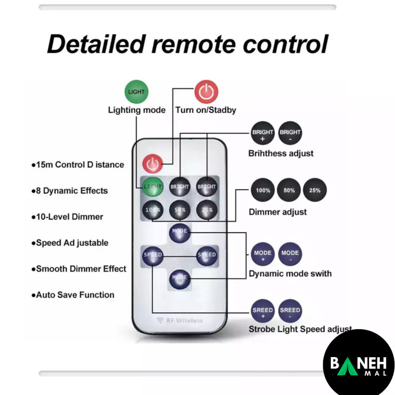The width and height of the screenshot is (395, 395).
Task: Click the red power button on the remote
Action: click(153, 164)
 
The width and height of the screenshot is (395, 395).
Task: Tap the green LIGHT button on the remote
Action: click(152, 186)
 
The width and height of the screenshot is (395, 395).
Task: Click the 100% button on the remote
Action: click(152, 210)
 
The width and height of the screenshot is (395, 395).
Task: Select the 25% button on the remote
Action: click(206, 210)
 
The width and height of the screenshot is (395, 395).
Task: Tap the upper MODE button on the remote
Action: click(179, 232)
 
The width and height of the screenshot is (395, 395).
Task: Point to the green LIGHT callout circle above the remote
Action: click(136, 92)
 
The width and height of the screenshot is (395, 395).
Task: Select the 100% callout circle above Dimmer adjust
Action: click(263, 191)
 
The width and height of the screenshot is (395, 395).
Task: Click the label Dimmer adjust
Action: click(278, 212)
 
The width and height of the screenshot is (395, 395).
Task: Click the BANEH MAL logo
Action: click(358, 364)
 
